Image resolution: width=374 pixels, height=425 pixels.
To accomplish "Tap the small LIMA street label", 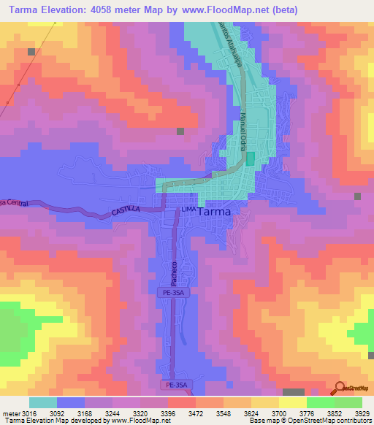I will tap(188, 210).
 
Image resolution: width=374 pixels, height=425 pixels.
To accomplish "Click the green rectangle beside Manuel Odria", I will tap(251, 158).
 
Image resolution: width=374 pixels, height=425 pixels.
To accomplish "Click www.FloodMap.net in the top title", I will tap(243, 10).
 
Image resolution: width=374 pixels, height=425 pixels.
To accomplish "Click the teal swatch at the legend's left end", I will tap(43, 402).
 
